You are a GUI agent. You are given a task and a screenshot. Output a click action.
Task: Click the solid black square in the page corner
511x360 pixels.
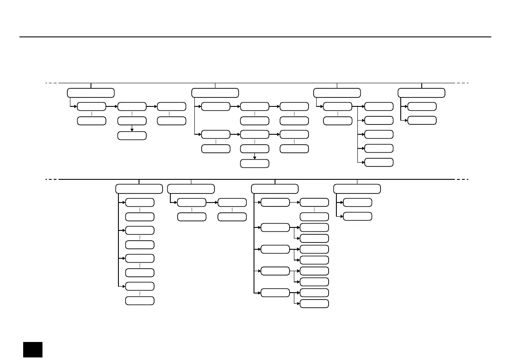coord(33,349)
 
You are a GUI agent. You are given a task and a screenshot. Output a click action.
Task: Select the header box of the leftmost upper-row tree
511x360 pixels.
coord(91,93)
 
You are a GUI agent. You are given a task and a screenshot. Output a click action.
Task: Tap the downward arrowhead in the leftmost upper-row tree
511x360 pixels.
coord(132,129)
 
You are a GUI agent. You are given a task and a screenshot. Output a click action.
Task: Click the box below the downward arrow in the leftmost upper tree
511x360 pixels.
coord(132,136)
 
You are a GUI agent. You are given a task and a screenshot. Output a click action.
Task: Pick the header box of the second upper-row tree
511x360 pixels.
coord(215,93)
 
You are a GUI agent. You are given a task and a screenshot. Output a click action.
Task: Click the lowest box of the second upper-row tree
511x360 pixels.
coord(254,163)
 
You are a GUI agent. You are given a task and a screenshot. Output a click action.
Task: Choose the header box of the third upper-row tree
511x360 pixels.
coord(337,93)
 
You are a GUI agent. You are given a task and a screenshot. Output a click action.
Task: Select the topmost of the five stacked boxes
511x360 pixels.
coord(378,106)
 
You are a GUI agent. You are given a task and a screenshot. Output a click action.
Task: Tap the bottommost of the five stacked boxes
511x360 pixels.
coord(378,162)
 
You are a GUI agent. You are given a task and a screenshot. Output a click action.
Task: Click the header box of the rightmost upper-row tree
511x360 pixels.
coord(421,93)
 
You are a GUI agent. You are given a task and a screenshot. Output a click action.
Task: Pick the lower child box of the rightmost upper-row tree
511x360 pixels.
coord(422,120)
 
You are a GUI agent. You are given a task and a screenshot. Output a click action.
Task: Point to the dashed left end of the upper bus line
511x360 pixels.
coord(51,83)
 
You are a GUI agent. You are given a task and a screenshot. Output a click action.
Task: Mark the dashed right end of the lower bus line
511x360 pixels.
coord(462,179)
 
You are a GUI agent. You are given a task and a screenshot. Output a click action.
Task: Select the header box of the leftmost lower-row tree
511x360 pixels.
coord(139,189)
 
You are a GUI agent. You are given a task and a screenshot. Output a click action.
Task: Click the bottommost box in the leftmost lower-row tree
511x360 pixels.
coord(139,300)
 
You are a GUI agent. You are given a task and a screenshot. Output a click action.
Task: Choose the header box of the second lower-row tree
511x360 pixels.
coord(191,189)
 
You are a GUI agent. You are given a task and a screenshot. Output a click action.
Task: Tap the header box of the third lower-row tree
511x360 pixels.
coord(275,189)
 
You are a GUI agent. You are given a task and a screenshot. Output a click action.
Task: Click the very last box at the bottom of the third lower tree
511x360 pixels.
coord(314,303)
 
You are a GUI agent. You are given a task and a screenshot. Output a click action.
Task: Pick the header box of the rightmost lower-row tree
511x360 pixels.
coord(357,189)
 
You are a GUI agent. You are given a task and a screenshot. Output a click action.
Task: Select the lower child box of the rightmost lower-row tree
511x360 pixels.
coord(357,216)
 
